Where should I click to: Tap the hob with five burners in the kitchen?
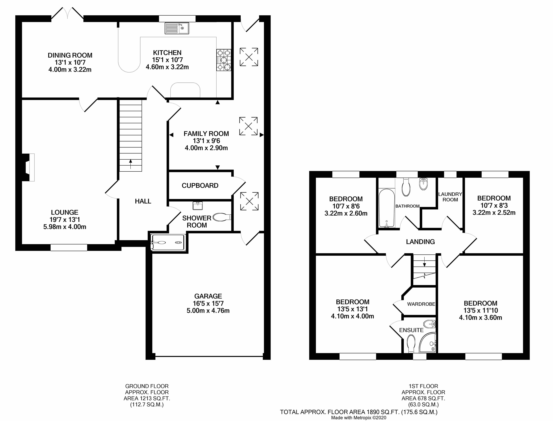pyautogui.click(x=224, y=60)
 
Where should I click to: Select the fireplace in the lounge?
pyautogui.click(x=29, y=167)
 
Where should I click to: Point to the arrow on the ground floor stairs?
pyautogui.click(x=131, y=164)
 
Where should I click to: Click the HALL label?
pyautogui.click(x=143, y=201)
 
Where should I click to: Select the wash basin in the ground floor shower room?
pyautogui.click(x=198, y=206)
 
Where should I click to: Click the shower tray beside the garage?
pyautogui.click(x=168, y=242)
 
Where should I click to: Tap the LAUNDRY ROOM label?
pyautogui.click(x=450, y=197)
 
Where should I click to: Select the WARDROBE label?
pyautogui.click(x=421, y=304)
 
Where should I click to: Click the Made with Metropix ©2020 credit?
pyautogui.click(x=359, y=418)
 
